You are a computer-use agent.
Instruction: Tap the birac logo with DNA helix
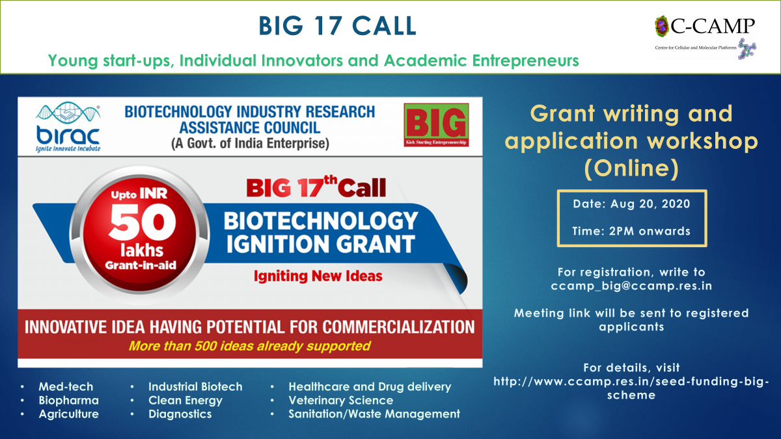click(68, 127)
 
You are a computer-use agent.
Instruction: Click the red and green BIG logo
click(436, 125)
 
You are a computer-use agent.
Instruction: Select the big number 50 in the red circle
click(142, 222)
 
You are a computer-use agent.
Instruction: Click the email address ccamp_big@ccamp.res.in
click(631, 286)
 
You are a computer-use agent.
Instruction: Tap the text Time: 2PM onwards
click(631, 231)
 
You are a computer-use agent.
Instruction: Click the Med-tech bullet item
click(66, 386)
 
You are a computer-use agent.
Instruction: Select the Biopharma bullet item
click(69, 401)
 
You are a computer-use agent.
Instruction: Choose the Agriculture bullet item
click(69, 414)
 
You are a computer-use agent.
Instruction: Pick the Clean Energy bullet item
click(185, 401)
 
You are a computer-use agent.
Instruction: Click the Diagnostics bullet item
click(180, 414)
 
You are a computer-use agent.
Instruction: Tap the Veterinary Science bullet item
click(341, 401)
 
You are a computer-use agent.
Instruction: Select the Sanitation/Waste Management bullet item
click(374, 414)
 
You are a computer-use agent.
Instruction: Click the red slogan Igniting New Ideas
click(318, 276)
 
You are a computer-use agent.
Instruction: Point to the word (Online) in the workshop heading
click(631, 168)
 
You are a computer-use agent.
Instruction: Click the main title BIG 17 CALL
click(337, 26)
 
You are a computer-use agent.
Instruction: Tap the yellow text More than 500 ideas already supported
click(250, 346)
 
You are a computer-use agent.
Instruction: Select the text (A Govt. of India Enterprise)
click(250, 143)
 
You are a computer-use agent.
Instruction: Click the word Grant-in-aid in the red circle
click(141, 265)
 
